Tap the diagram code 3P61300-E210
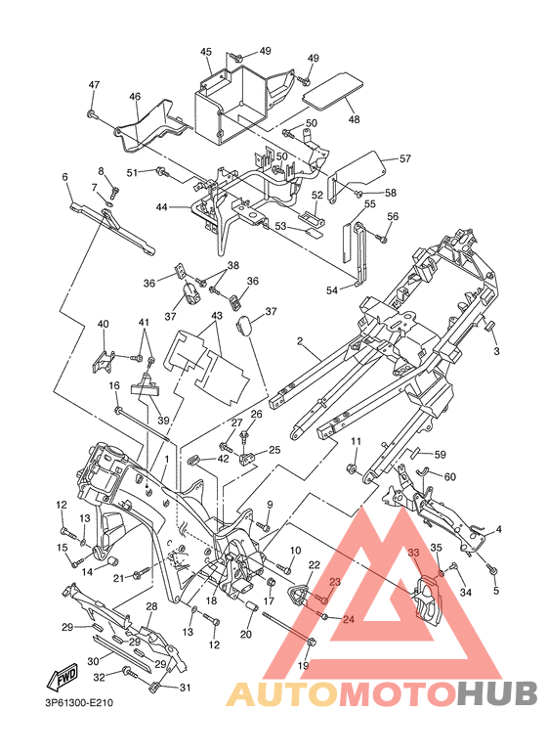click(x=76, y=703)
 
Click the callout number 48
click(x=354, y=119)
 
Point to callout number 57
click(x=405, y=158)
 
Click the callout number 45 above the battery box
click(x=206, y=52)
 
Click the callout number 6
click(x=65, y=177)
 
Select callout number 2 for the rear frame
click(x=300, y=341)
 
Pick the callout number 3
click(x=496, y=351)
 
